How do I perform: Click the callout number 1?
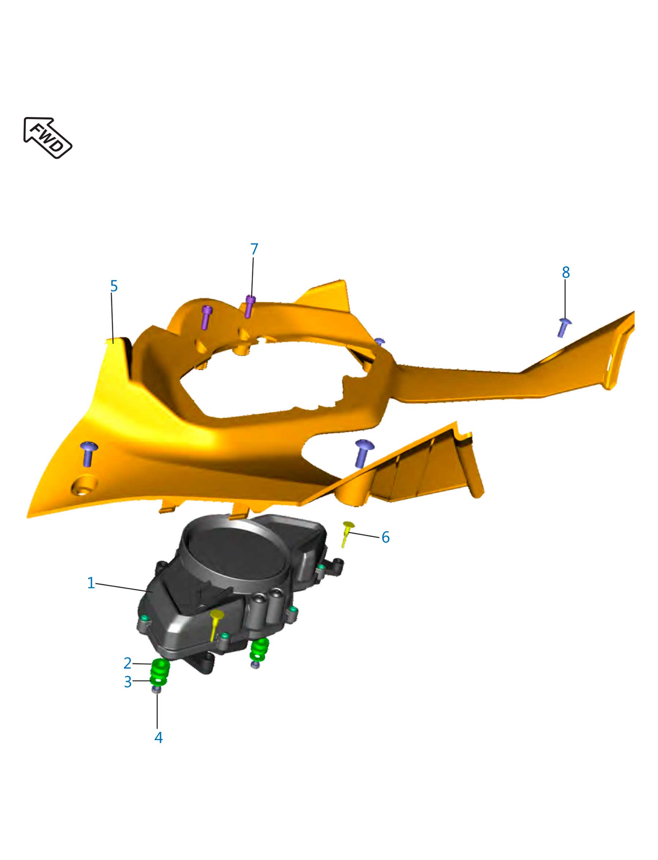pos(91,583)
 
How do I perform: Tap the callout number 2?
pos(127,663)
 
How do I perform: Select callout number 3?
pos(128,682)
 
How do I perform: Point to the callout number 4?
pos(158,738)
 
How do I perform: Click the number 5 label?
pos(114,286)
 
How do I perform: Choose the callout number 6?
pos(385,537)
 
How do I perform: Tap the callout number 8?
pos(566,272)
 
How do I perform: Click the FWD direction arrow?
pos(48,137)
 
